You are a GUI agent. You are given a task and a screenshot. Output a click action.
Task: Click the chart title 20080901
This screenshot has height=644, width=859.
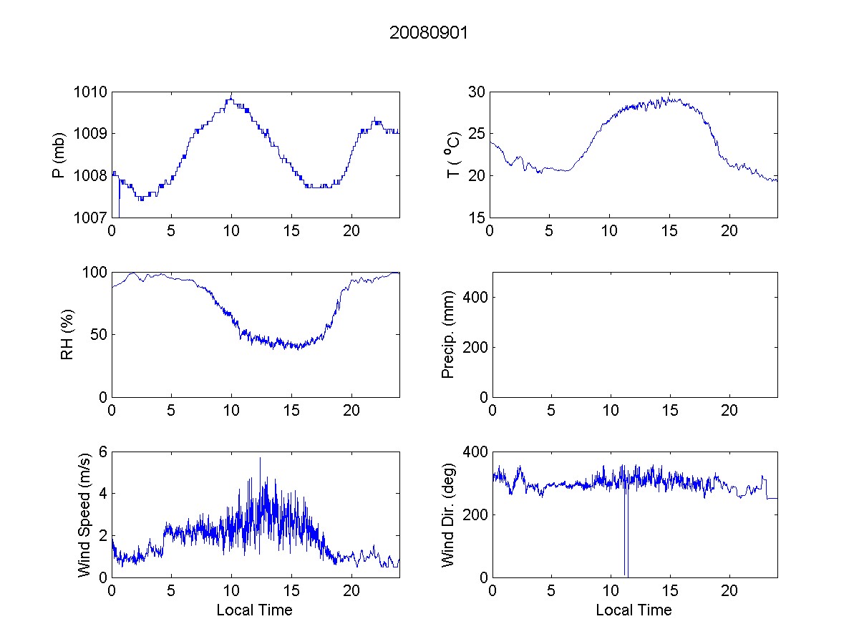click(428, 34)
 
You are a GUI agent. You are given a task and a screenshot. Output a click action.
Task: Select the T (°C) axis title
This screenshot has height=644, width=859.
click(452, 155)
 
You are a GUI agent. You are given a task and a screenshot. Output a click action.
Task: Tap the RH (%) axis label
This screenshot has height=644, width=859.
click(67, 334)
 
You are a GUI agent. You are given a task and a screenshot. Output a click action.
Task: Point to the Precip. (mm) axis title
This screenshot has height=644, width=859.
click(448, 334)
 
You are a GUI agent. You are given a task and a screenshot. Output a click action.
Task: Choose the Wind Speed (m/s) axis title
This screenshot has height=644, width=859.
click(84, 514)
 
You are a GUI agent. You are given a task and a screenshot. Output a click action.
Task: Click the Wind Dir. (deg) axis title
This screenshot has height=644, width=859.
click(448, 514)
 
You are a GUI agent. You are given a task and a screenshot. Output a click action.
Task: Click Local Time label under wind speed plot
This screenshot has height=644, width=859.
click(254, 610)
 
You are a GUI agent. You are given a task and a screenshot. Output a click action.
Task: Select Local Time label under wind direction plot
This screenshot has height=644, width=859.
click(634, 610)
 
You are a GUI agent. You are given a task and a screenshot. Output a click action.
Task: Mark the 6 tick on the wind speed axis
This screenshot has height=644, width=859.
click(102, 452)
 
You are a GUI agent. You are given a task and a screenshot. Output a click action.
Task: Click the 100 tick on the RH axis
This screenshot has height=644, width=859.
click(96, 273)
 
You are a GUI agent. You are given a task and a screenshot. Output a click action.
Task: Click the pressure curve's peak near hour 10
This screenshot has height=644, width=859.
click(230, 96)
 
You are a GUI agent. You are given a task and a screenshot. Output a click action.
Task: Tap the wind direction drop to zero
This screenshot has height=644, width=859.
click(626, 572)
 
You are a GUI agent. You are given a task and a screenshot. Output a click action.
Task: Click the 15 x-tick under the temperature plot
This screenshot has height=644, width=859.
click(670, 230)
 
